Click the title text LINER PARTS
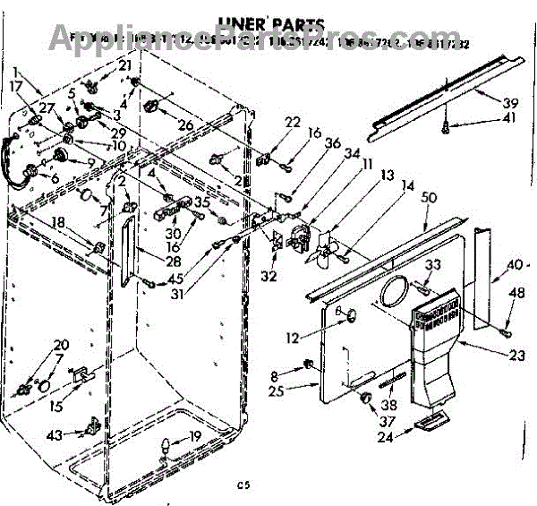268,23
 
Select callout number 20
61,346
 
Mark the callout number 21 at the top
124,65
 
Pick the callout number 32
269,276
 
